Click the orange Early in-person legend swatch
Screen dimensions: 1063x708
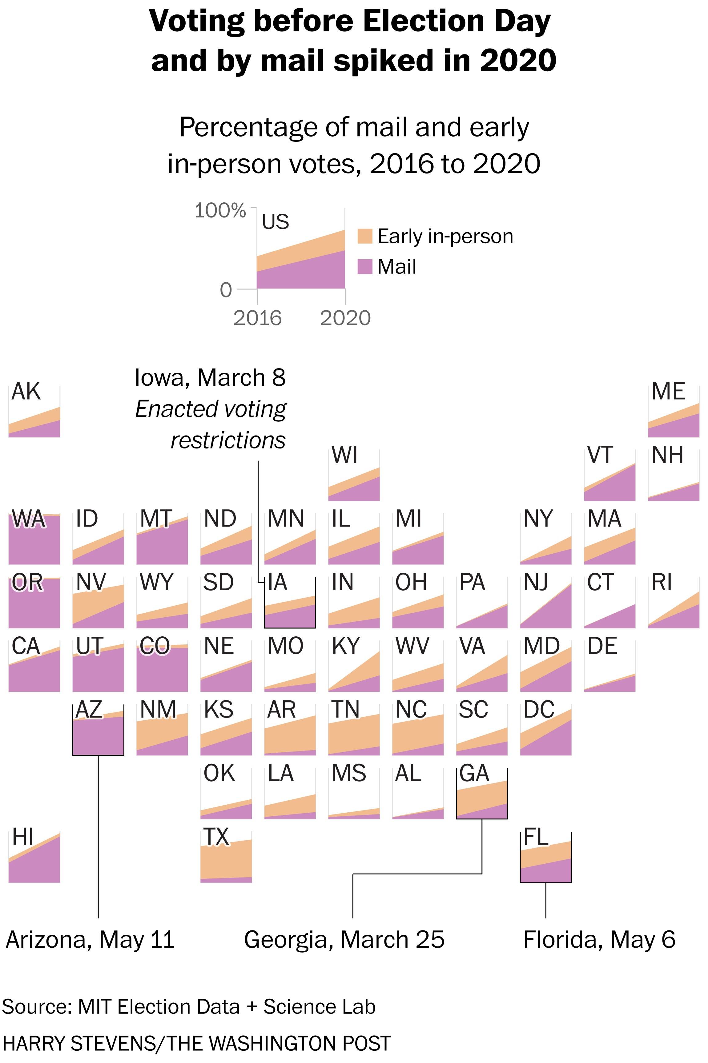[365, 236]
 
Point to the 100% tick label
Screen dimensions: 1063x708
[220, 211]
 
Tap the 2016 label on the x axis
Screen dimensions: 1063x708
[257, 318]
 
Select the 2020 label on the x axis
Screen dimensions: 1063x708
[345, 318]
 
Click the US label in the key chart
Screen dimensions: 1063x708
[276, 221]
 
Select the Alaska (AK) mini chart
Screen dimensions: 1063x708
[34, 412]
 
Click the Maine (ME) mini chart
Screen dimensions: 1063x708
[674, 412]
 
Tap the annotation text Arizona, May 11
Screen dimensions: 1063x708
[90, 940]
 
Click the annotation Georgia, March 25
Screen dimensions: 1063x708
[344, 940]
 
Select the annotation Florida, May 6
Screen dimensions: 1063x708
[599, 940]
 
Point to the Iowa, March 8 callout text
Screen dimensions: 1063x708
[211, 378]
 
